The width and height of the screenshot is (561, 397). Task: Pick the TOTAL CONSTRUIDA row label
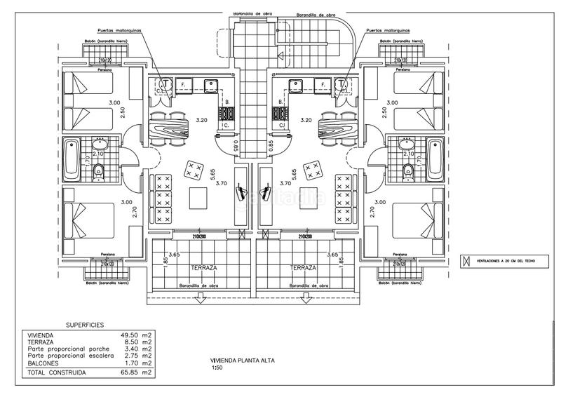pyautogui.click(x=57, y=372)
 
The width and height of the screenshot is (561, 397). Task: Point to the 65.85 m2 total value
pyautogui.click(x=136, y=372)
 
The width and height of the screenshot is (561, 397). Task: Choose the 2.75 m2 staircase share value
pyautogui.click(x=137, y=356)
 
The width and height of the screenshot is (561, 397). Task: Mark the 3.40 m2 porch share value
pyautogui.click(x=137, y=349)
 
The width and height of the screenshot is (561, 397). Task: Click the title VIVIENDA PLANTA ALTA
pyautogui.click(x=243, y=361)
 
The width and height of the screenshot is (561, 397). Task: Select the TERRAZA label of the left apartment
pyautogui.click(x=203, y=268)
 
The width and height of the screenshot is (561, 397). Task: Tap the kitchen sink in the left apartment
pyautogui.click(x=210, y=86)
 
